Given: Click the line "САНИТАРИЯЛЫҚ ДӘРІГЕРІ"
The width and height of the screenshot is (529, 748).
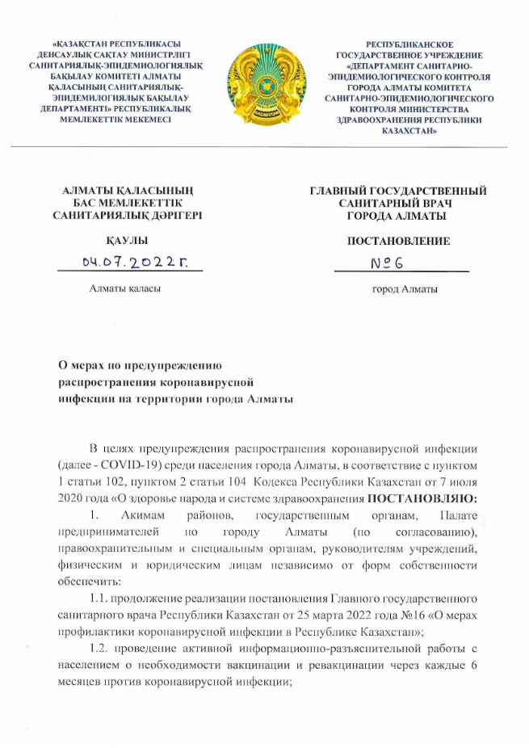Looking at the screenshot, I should click(128, 216).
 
